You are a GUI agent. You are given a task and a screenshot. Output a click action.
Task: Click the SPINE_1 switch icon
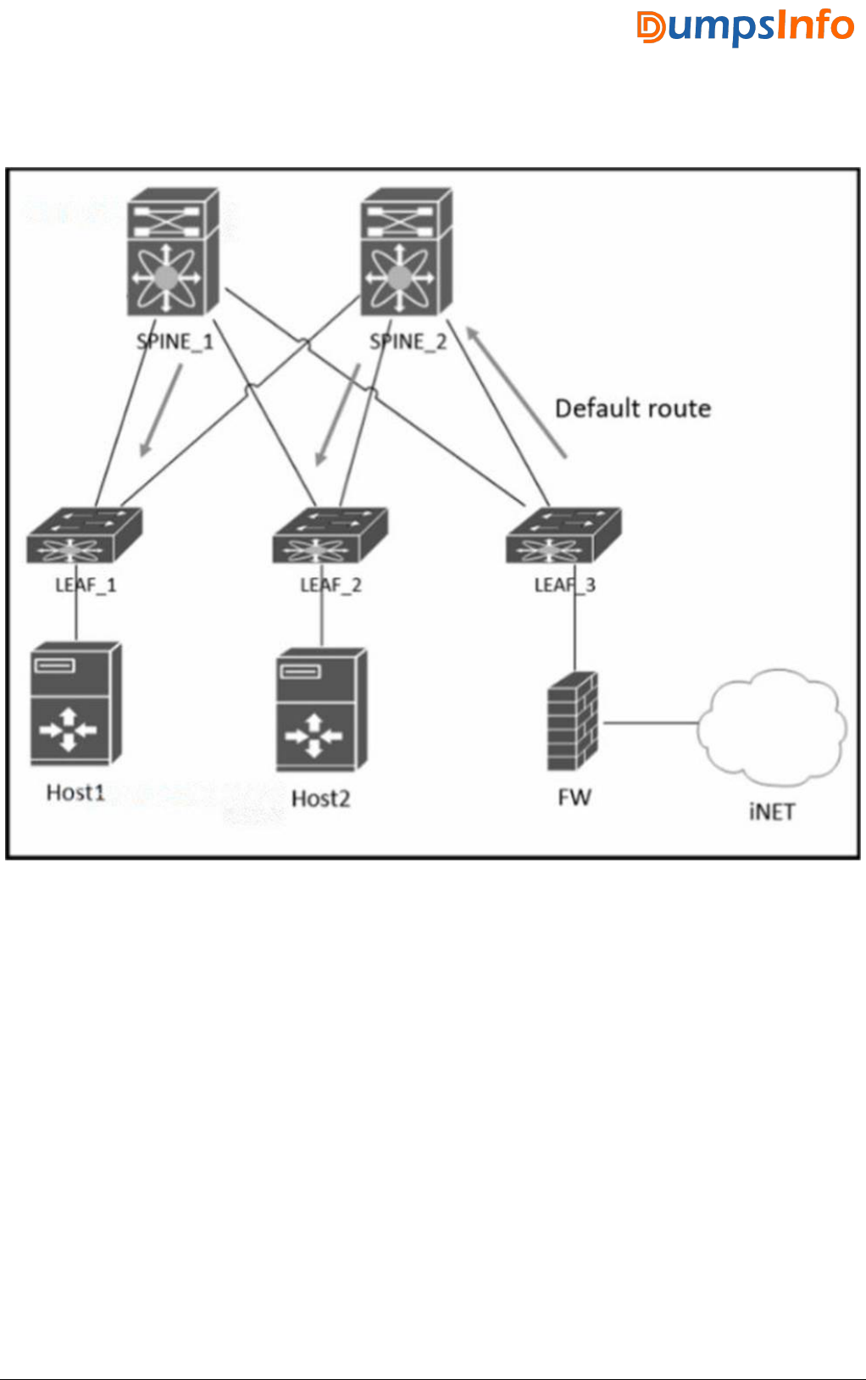point(173,253)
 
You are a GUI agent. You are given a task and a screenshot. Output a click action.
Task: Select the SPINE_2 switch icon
point(406,253)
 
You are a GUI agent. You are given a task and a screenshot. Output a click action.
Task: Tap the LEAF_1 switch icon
point(84,536)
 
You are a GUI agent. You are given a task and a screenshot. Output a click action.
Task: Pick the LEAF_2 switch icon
point(330,536)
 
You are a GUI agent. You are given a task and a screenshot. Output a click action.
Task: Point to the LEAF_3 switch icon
point(563,536)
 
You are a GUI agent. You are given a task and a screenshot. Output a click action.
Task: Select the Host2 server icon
point(321,709)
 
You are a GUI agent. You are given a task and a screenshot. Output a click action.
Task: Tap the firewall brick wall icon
point(573,721)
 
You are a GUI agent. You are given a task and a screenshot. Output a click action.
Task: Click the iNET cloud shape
point(772,725)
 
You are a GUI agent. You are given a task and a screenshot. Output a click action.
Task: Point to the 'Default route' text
point(633,409)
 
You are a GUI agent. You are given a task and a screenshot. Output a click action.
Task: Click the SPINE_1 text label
point(175,342)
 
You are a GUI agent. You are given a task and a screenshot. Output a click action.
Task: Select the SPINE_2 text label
point(408,342)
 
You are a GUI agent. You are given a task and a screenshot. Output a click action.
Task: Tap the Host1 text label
point(75,793)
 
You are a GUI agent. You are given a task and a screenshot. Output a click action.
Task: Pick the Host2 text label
point(320,799)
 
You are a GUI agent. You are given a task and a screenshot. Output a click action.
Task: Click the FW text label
point(574,797)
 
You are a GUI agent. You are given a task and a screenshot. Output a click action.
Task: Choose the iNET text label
point(772,812)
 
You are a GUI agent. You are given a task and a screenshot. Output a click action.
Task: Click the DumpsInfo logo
point(746,26)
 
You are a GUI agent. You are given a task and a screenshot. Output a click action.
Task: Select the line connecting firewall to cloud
point(649,723)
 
